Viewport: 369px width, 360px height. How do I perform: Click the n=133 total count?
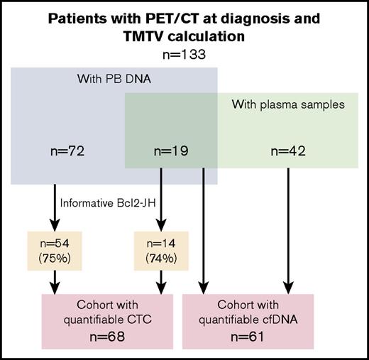[184, 53]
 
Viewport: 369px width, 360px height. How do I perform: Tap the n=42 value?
[288, 151]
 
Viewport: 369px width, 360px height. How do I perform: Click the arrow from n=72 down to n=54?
[55, 206]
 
